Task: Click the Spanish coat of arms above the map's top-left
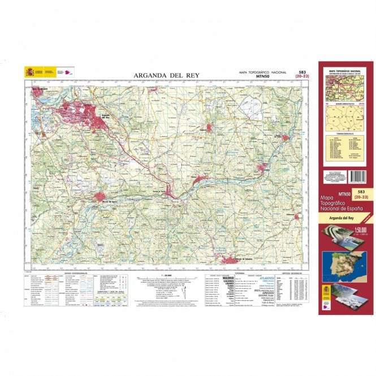point(28,72)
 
